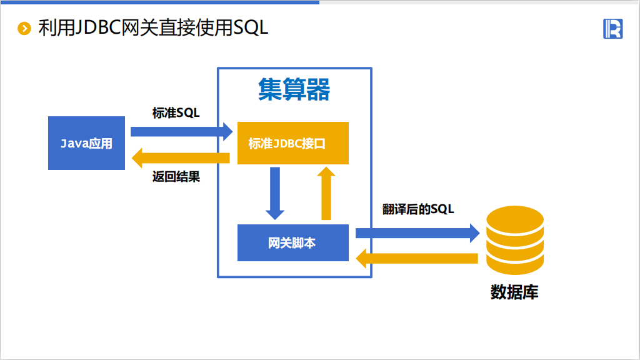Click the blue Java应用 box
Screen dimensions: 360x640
[86, 143]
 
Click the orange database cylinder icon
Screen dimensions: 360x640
[514, 242]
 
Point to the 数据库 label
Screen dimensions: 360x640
[514, 292]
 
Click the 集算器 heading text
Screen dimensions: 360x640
[294, 91]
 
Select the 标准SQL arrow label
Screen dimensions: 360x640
[176, 112]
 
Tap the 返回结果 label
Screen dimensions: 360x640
[176, 176]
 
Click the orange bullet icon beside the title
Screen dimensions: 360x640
[24, 28]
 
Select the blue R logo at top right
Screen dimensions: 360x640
[612, 29]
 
